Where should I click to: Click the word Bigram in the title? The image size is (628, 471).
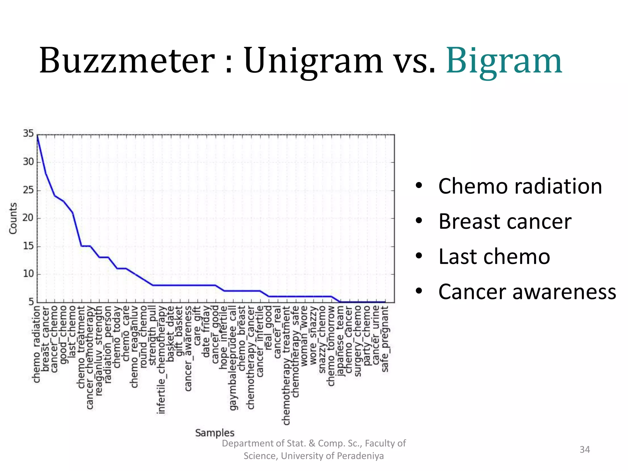click(x=504, y=61)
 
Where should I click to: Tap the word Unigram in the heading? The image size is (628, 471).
click(x=313, y=61)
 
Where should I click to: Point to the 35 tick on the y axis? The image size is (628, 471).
click(x=28, y=134)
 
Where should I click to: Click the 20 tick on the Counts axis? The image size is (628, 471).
click(x=28, y=218)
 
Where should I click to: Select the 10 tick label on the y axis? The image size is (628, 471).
click(x=28, y=274)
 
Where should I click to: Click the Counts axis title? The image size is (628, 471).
click(x=13, y=218)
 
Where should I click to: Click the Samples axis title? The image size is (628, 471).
click(x=215, y=433)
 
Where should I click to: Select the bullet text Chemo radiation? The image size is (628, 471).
click(x=520, y=186)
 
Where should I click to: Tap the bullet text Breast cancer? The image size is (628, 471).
click(x=505, y=221)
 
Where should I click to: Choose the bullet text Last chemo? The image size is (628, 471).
click(x=494, y=256)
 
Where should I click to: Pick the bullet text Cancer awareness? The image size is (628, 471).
click(x=527, y=292)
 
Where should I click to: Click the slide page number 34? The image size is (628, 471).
click(x=584, y=450)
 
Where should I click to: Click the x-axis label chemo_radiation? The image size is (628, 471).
click(x=36, y=344)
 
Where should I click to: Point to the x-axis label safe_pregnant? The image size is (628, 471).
click(x=385, y=339)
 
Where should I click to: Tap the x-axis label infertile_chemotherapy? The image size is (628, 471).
click(x=161, y=360)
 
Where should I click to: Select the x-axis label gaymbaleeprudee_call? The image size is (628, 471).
click(x=233, y=358)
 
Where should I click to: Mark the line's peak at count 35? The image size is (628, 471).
click(x=37, y=135)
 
